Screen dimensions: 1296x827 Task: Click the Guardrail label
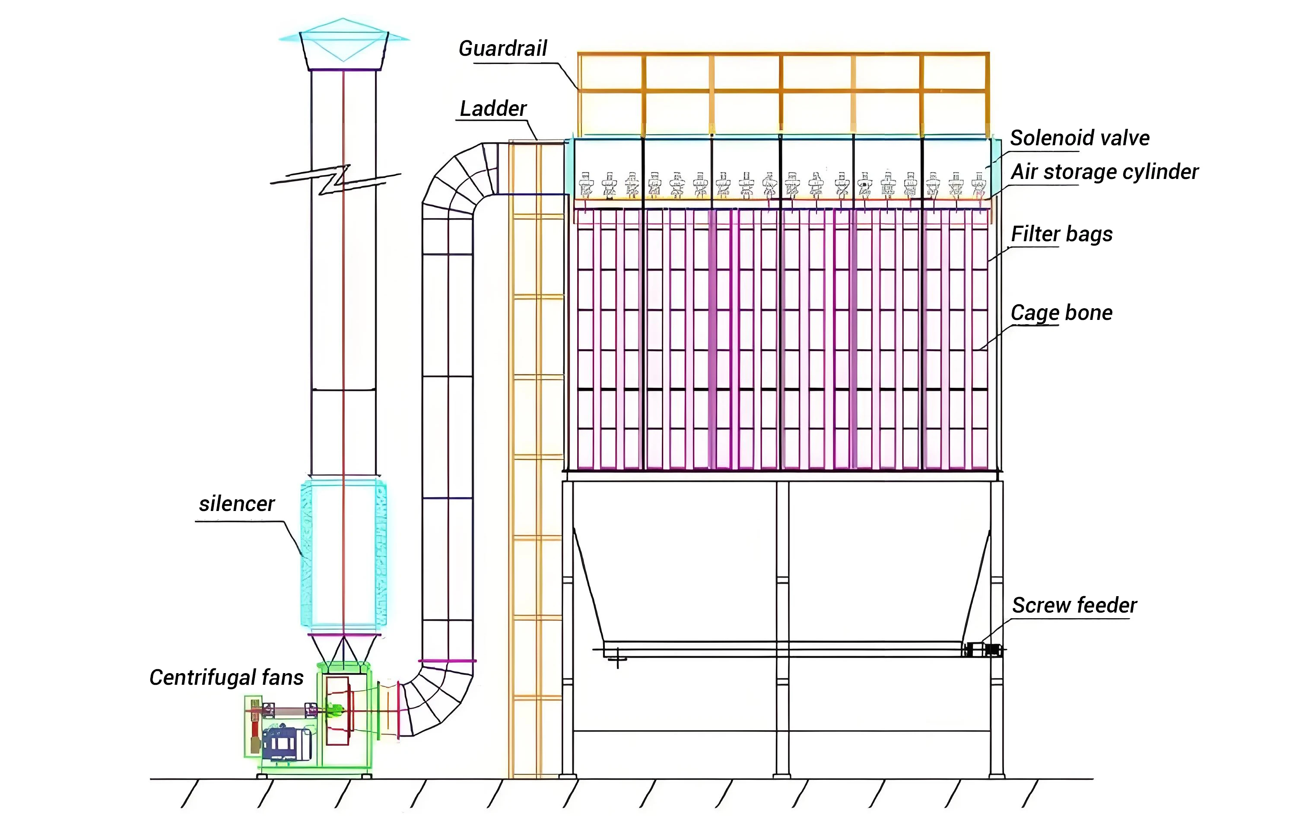(x=503, y=48)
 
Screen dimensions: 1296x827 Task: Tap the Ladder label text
(x=493, y=109)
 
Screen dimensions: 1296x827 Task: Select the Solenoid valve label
(x=1080, y=138)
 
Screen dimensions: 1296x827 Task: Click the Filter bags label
(x=1061, y=234)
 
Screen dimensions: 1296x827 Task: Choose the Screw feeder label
(x=1074, y=605)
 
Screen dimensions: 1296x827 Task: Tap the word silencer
(x=237, y=504)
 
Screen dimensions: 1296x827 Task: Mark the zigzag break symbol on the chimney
(x=335, y=179)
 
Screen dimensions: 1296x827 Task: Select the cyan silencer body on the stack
(x=343, y=555)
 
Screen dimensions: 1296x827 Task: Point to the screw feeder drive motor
(x=983, y=649)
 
